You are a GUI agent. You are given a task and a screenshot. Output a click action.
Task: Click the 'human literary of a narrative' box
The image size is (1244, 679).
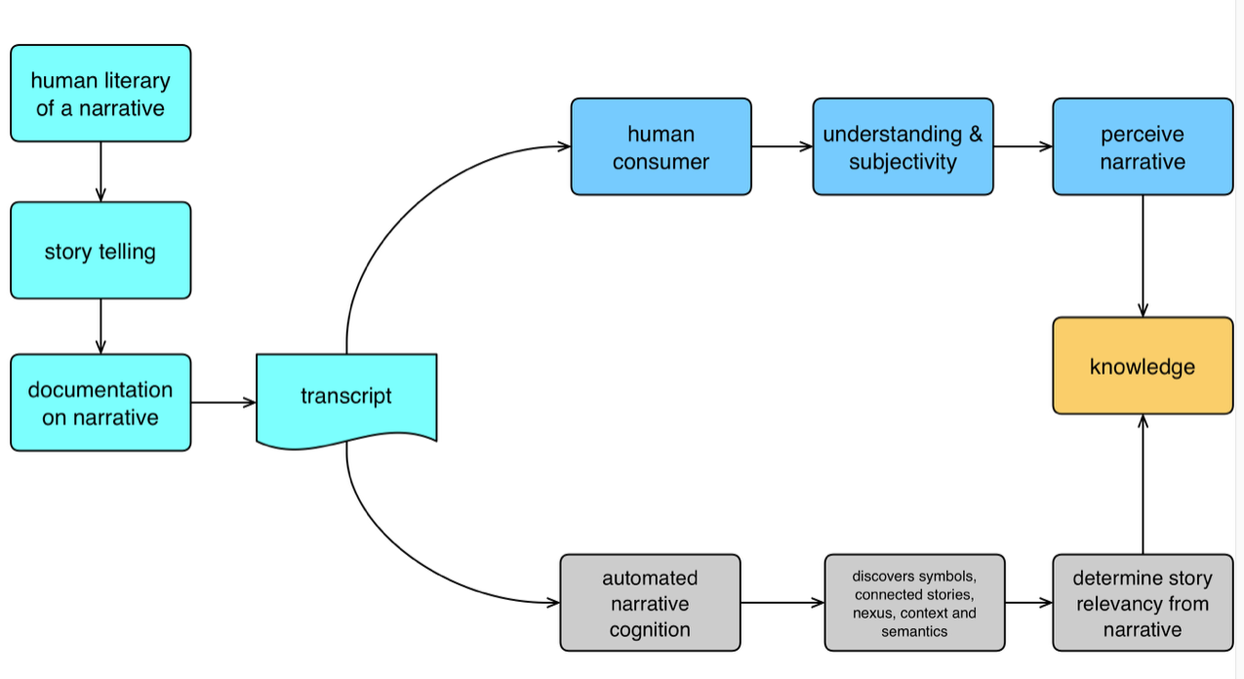pos(100,94)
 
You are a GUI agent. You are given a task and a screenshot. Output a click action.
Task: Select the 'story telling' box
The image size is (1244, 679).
pos(100,251)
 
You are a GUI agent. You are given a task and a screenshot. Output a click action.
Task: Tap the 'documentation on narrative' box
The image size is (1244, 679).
pos(100,403)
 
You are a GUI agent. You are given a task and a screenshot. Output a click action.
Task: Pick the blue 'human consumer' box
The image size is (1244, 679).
pos(661,147)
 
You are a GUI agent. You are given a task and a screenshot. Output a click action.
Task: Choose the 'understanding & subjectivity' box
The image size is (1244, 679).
pos(903,147)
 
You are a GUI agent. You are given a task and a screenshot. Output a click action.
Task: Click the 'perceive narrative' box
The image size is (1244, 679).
pos(1142,147)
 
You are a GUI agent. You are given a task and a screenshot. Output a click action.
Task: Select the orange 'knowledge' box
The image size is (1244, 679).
pos(1142,367)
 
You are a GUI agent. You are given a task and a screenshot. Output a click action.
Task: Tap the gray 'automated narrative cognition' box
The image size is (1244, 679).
pos(650,603)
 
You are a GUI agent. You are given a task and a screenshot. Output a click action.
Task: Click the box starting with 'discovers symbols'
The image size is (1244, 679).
pos(914,603)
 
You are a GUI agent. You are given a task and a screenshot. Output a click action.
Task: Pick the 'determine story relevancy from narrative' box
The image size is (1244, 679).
pos(1142,603)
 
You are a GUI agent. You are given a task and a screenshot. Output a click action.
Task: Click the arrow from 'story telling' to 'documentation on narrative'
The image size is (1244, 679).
pos(100,326)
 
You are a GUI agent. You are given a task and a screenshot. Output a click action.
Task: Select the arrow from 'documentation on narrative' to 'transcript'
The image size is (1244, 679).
pos(222,402)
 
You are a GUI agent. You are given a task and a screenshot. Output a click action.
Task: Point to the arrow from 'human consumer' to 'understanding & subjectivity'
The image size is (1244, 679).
pos(782,147)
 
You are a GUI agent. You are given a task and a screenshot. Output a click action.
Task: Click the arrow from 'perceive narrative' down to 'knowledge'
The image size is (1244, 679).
pos(1143,256)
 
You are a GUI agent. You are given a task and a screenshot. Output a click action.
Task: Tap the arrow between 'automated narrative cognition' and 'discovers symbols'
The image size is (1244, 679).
pos(782,603)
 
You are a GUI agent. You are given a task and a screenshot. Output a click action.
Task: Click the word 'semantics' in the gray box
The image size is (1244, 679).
pos(914,632)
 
